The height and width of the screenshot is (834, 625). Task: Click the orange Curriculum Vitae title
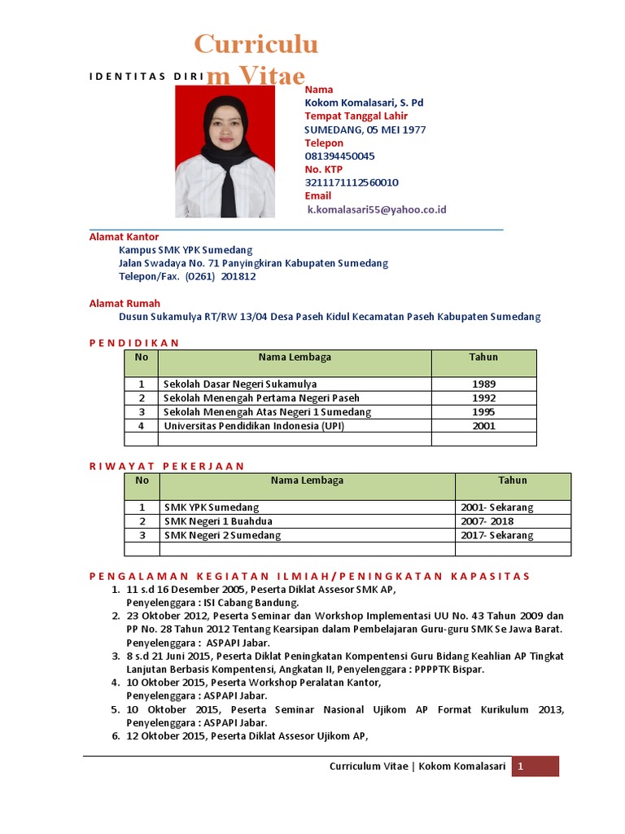[255, 59]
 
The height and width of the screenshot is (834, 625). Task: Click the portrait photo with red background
[225, 151]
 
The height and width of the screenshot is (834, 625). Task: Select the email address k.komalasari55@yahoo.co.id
[377, 209]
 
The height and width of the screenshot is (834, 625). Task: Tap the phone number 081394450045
[339, 156]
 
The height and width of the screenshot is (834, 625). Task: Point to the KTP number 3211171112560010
[352, 182]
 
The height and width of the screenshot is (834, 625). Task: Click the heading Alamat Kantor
[124, 236]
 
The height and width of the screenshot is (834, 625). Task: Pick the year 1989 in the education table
[483, 384]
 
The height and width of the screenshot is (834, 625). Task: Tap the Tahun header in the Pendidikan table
[483, 358]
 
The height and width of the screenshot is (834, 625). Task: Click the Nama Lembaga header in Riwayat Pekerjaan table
[307, 481]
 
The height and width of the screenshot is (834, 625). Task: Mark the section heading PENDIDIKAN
[133, 343]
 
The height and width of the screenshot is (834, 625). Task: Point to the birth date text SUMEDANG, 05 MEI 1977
[365, 129]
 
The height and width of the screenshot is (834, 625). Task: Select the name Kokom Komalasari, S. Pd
[364, 103]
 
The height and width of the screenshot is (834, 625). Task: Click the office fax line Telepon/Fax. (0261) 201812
[187, 276]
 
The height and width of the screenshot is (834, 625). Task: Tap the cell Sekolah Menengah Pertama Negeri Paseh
[260, 397]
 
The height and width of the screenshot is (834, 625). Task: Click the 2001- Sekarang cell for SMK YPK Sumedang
[496, 507]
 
